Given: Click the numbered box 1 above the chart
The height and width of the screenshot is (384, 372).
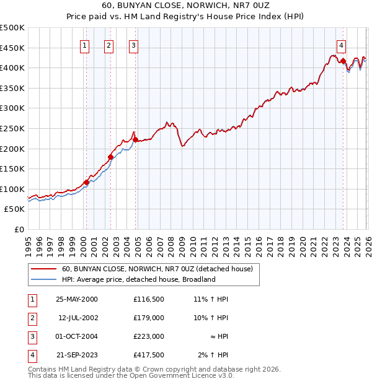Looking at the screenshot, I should click(x=84, y=45).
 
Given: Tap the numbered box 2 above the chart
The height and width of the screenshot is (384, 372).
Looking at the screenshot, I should click(x=108, y=45).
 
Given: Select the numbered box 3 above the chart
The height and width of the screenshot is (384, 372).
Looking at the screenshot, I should click(x=133, y=45).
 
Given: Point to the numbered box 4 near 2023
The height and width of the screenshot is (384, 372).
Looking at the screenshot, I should click(x=342, y=45).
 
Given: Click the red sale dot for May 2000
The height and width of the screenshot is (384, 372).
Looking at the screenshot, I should click(x=87, y=182).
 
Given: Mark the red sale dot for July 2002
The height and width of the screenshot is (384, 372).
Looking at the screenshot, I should click(x=110, y=157).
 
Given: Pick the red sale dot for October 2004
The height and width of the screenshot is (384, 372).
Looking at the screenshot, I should click(x=135, y=139).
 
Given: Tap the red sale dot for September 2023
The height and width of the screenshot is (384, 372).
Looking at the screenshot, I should click(x=343, y=61).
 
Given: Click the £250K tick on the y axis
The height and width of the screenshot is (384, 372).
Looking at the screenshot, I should click(x=12, y=128).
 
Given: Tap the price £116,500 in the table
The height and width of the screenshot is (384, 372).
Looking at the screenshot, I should click(x=149, y=299).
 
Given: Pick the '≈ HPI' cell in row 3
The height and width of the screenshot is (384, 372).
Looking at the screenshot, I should click(x=217, y=336).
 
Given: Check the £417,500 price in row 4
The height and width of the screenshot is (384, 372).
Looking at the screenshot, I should click(x=149, y=355).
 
